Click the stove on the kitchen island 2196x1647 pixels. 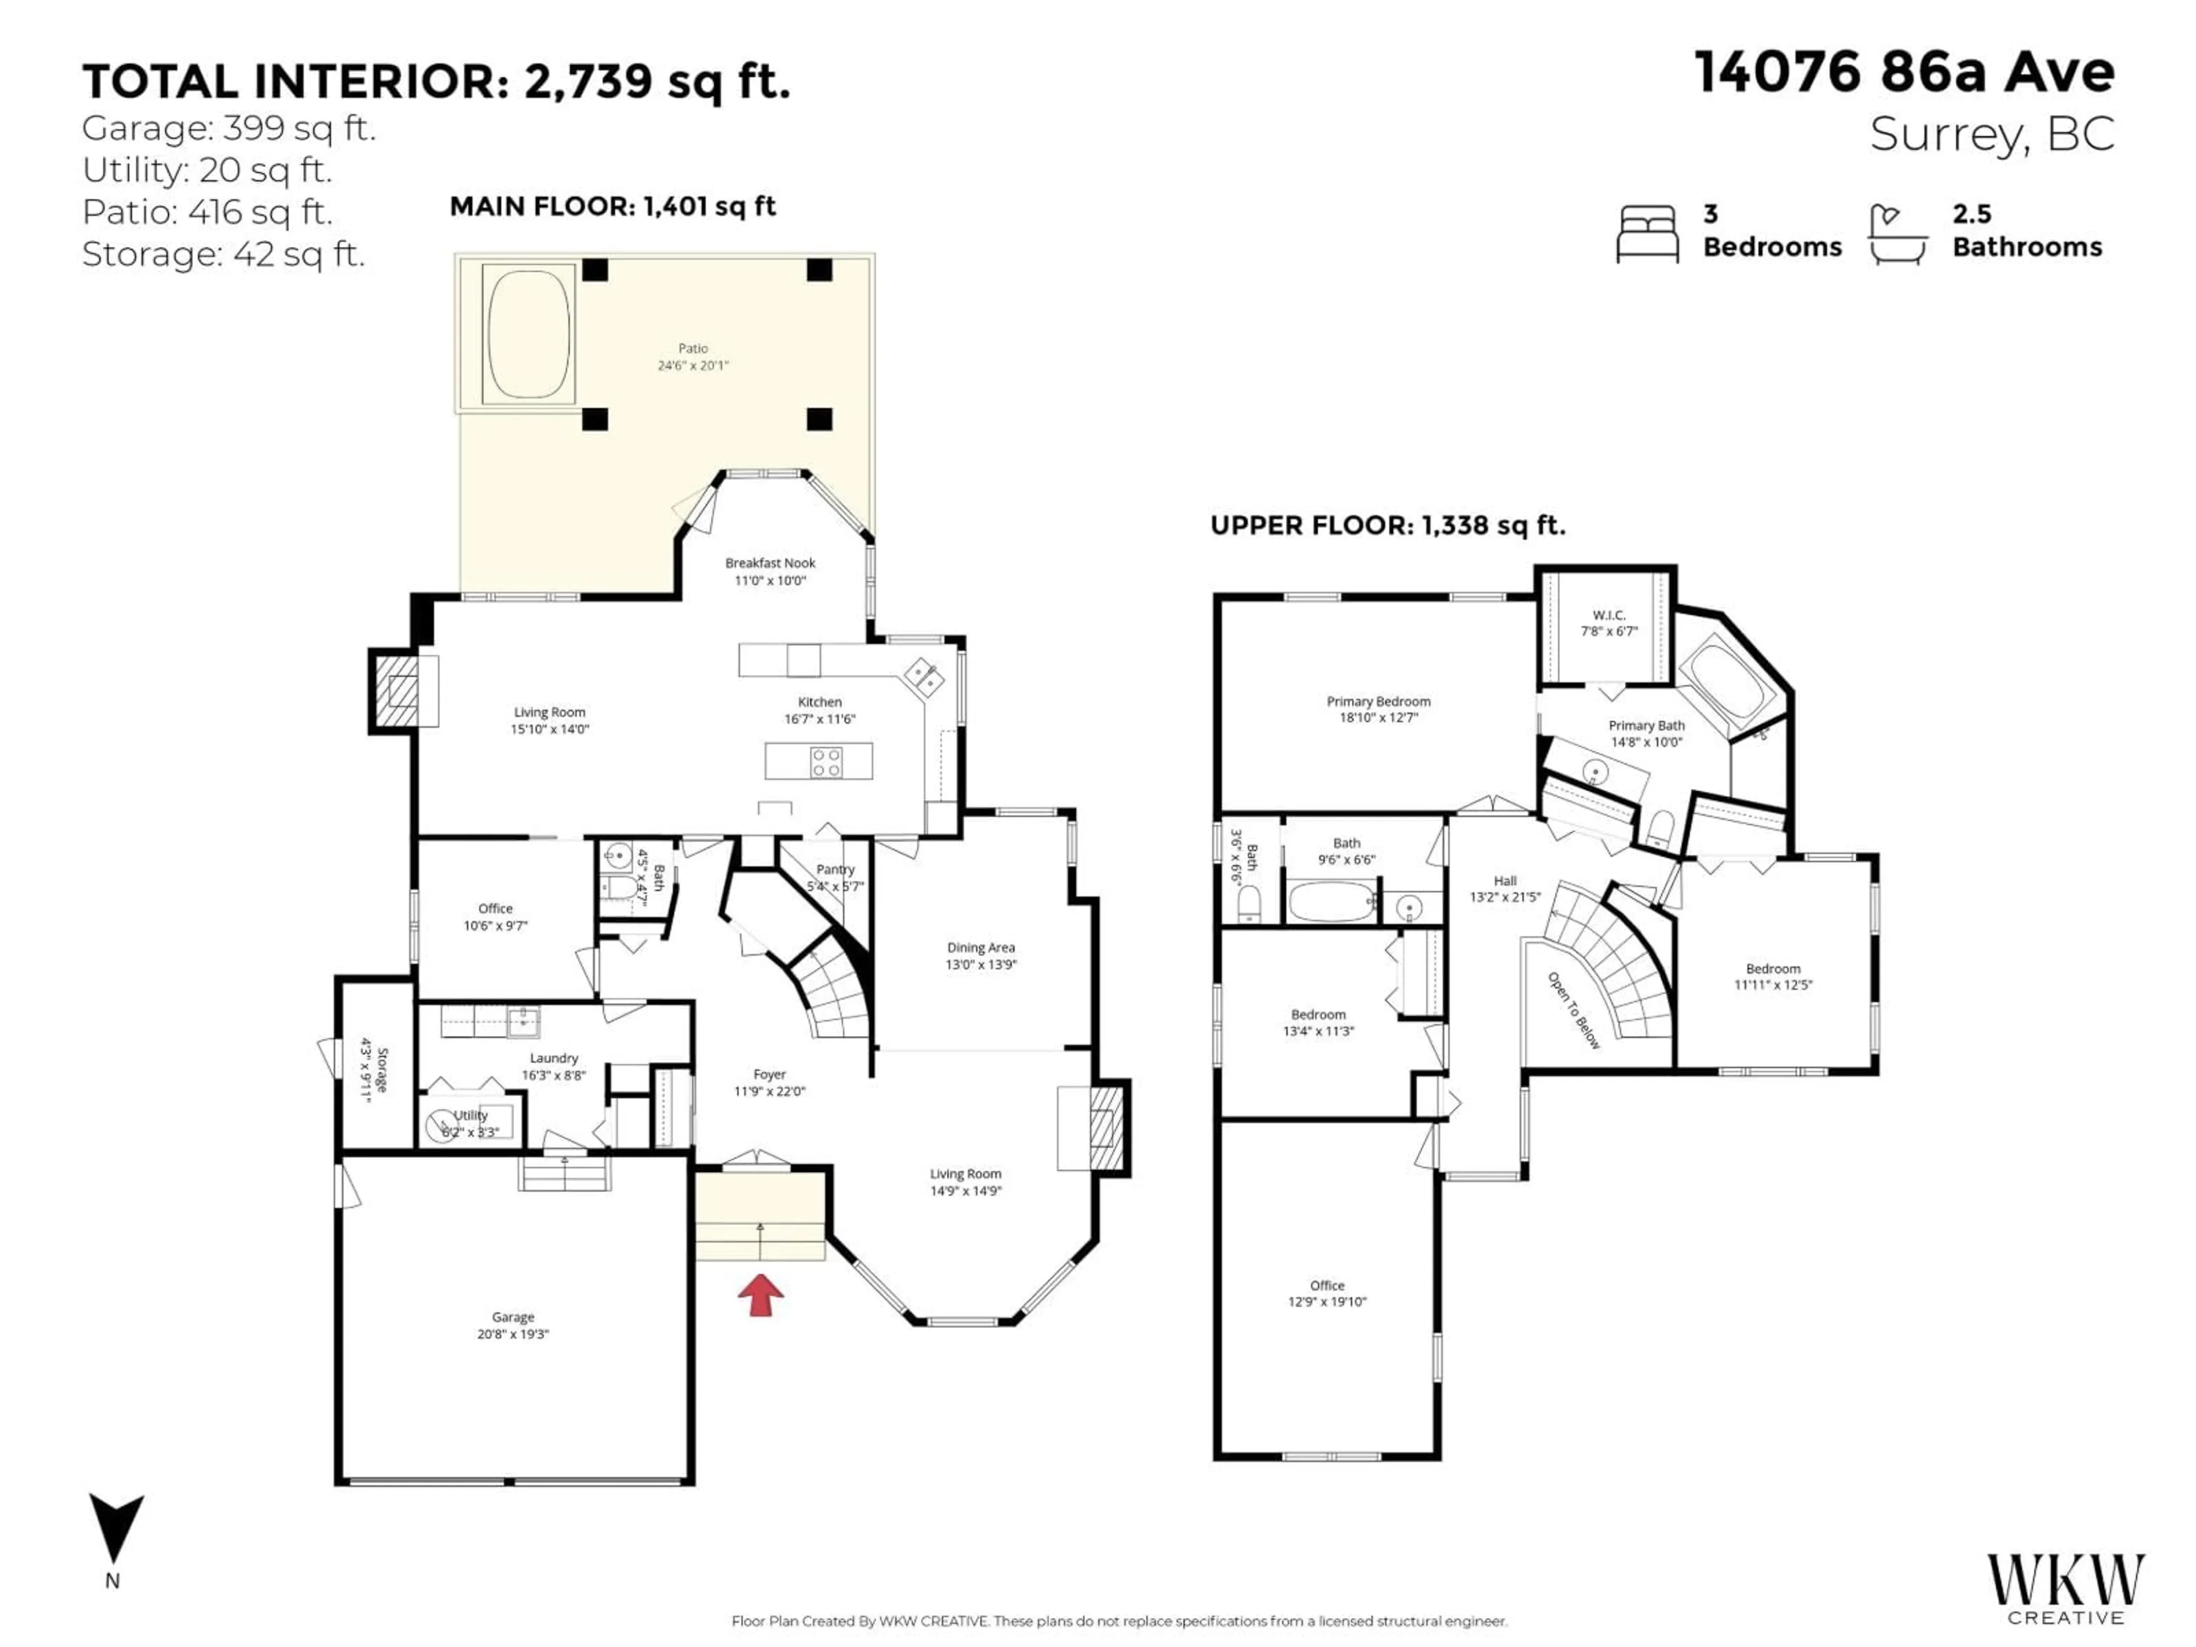coord(826,762)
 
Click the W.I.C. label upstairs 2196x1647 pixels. coord(1608,615)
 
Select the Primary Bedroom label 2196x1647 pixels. coord(1378,701)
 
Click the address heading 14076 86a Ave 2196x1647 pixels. coord(1904,73)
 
